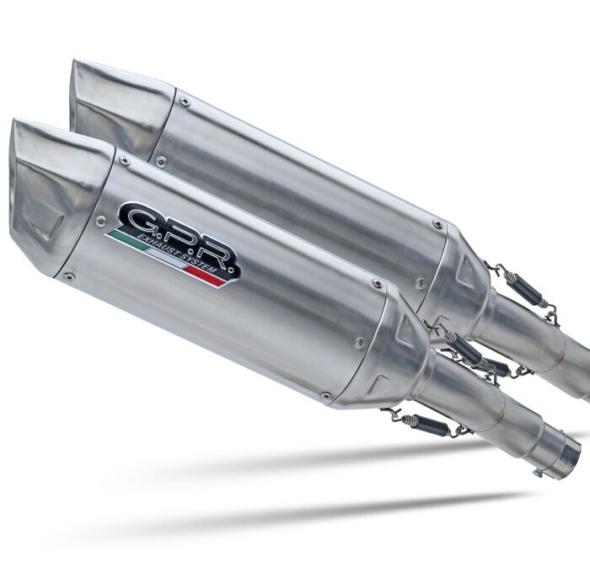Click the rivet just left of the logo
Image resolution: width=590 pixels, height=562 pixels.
100,222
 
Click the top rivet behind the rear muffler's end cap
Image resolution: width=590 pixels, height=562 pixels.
185,101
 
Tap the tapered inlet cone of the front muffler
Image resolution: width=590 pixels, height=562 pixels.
405,354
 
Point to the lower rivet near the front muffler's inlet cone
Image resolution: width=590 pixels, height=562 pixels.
325,394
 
